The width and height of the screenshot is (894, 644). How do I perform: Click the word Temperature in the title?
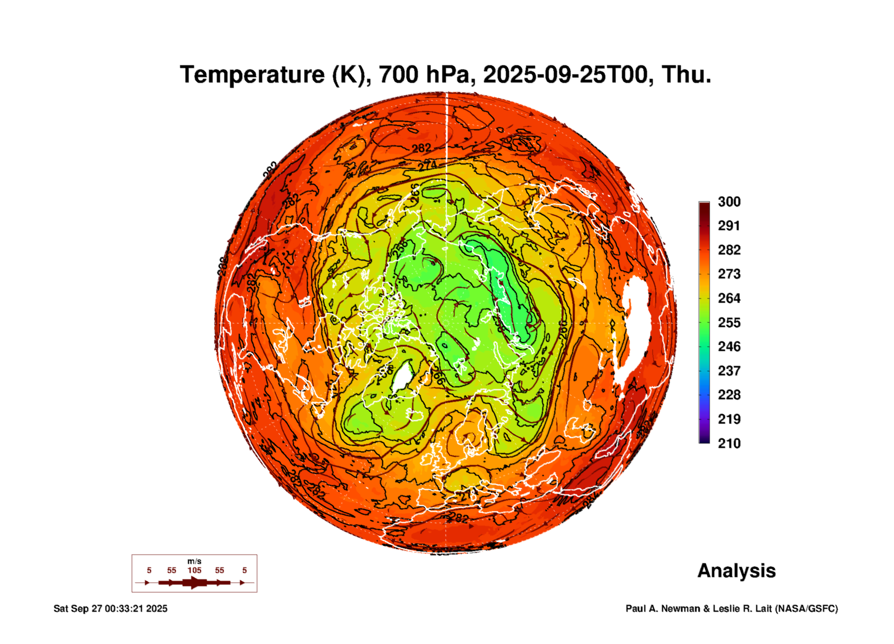point(252,75)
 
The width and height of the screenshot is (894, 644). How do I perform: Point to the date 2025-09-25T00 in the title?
point(565,75)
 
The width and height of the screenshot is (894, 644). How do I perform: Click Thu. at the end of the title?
point(686,75)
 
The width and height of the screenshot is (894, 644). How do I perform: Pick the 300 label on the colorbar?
point(729,202)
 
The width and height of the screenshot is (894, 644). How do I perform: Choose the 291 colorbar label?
point(729,226)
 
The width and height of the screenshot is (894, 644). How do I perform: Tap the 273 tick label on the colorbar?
point(729,274)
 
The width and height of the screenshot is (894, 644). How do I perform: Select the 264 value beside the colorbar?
point(729,298)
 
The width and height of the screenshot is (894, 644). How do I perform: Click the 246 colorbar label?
point(729,347)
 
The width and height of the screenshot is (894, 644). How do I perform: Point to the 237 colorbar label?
point(729,371)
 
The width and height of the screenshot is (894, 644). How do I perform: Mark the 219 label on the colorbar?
point(729,419)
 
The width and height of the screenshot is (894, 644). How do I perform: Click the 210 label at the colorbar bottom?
point(729,443)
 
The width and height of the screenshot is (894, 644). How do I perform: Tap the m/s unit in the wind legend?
point(194,561)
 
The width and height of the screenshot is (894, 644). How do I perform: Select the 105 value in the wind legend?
point(194,570)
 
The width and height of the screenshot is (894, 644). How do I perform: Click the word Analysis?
point(736,571)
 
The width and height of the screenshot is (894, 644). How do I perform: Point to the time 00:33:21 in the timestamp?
point(124,609)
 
